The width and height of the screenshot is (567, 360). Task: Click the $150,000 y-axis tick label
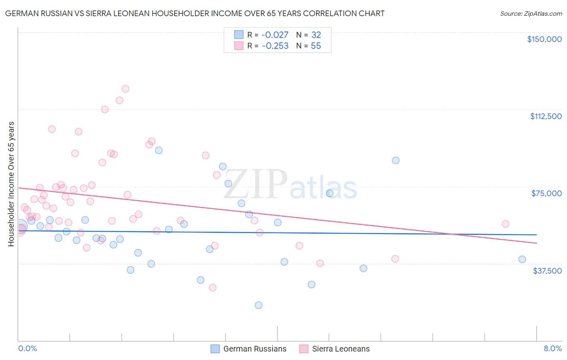[544, 39]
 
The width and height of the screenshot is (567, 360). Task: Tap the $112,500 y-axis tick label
[546, 116]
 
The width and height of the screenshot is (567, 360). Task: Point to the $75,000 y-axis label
[546, 193]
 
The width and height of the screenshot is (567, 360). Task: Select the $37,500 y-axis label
[547, 271]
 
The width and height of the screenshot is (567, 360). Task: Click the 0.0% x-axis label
[27, 348]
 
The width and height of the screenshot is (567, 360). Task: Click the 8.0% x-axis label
[552, 348]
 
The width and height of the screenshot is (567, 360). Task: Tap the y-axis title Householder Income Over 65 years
[11, 184]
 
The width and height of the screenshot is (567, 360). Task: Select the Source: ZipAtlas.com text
[531, 14]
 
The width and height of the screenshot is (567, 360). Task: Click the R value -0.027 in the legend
[275, 35]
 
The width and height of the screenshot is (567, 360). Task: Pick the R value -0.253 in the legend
[275, 46]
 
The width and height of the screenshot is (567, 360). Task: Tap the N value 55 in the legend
[316, 46]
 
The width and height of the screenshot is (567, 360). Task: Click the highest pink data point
[125, 89]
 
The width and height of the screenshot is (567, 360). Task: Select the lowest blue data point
[258, 305]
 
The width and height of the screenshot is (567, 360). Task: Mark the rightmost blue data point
[522, 260]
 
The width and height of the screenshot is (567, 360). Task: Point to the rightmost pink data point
[506, 224]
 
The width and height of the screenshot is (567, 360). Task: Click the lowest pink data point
[213, 287]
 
